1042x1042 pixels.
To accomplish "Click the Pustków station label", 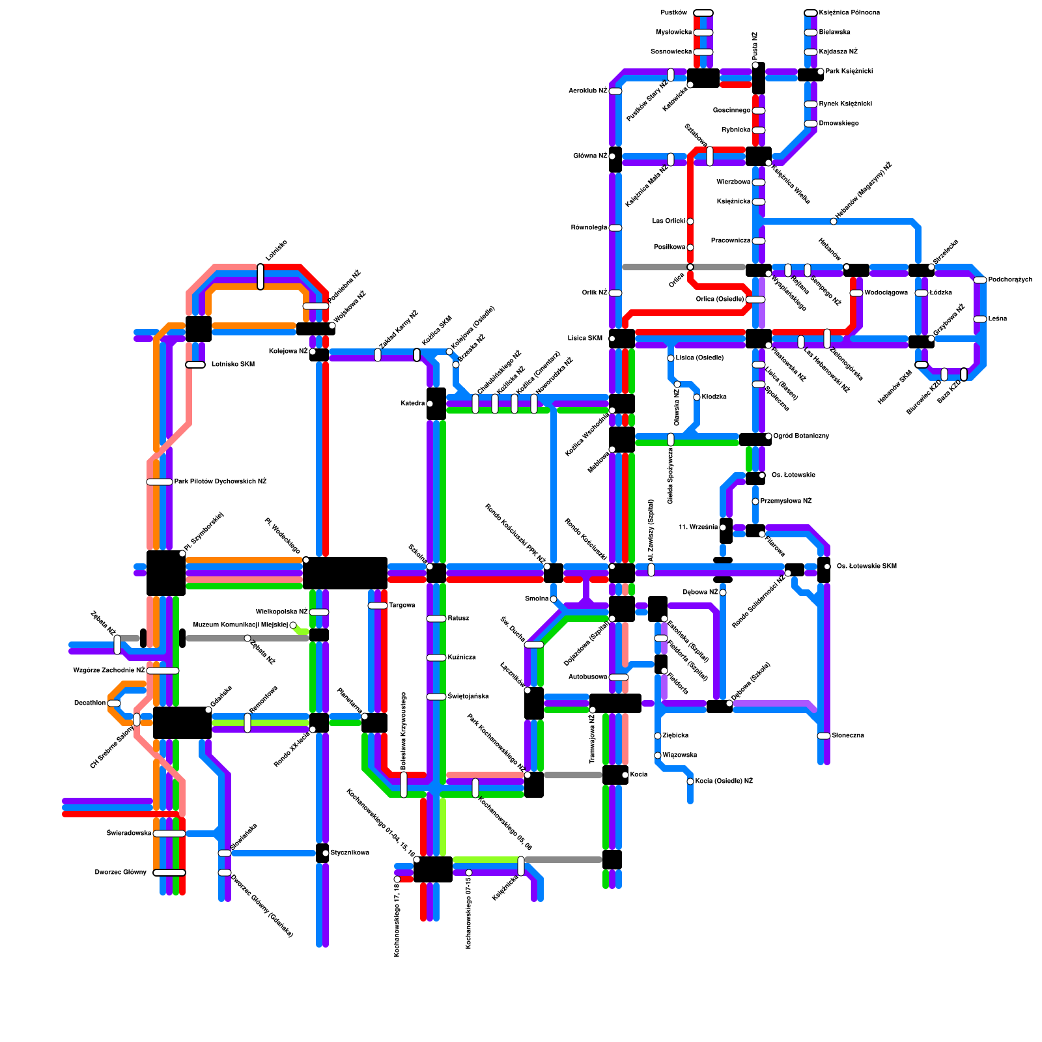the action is pyautogui.click(x=673, y=13).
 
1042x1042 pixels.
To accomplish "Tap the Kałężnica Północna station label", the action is pyautogui.click(x=849, y=13).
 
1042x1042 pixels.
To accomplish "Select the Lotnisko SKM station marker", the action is pyautogui.click(x=195, y=365).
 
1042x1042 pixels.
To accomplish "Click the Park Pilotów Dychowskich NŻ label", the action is pyautogui.click(x=220, y=482).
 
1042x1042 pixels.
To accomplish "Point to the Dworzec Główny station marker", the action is pyautogui.click(x=169, y=873).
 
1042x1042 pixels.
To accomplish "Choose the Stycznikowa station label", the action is pyautogui.click(x=350, y=853).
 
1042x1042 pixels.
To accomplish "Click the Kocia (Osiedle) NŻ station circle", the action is pyautogui.click(x=690, y=781).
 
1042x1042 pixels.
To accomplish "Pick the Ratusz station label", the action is pyautogui.click(x=458, y=619).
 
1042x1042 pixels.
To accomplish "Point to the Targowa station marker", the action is pyautogui.click(x=378, y=606).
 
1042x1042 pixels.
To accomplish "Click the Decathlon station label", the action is pyautogui.click(x=89, y=703).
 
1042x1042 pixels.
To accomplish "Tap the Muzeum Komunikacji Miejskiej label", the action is pyautogui.click(x=240, y=625).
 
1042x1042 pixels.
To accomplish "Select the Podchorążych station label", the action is pyautogui.click(x=1010, y=280).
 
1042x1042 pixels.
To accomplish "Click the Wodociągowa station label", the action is pyautogui.click(x=886, y=293).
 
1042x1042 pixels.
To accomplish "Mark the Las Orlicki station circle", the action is pyautogui.click(x=690, y=221).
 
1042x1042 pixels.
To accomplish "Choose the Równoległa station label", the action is pyautogui.click(x=589, y=228).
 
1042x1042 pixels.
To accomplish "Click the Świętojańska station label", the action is pyautogui.click(x=468, y=697).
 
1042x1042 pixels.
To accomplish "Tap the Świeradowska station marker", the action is pyautogui.click(x=169, y=834).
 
